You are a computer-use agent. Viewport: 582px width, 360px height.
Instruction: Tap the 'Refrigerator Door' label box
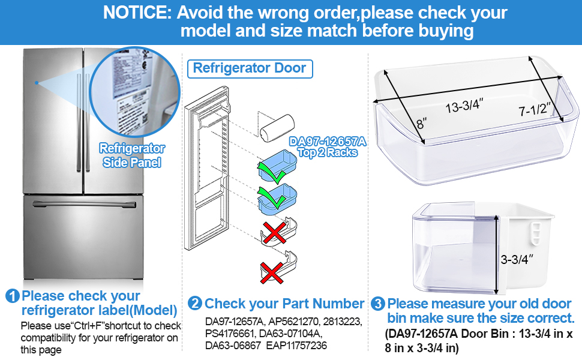[x=250, y=68]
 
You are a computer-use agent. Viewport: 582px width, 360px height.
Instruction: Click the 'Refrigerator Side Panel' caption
[x=132, y=155]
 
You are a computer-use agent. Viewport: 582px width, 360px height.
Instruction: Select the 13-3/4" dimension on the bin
[x=464, y=108]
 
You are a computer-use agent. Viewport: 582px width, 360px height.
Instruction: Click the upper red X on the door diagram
[x=274, y=230]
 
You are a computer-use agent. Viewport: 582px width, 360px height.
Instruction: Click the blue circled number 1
[x=12, y=296]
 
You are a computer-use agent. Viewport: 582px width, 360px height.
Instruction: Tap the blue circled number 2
[x=195, y=304]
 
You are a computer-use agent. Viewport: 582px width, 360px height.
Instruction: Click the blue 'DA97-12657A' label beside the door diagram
[x=327, y=142]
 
